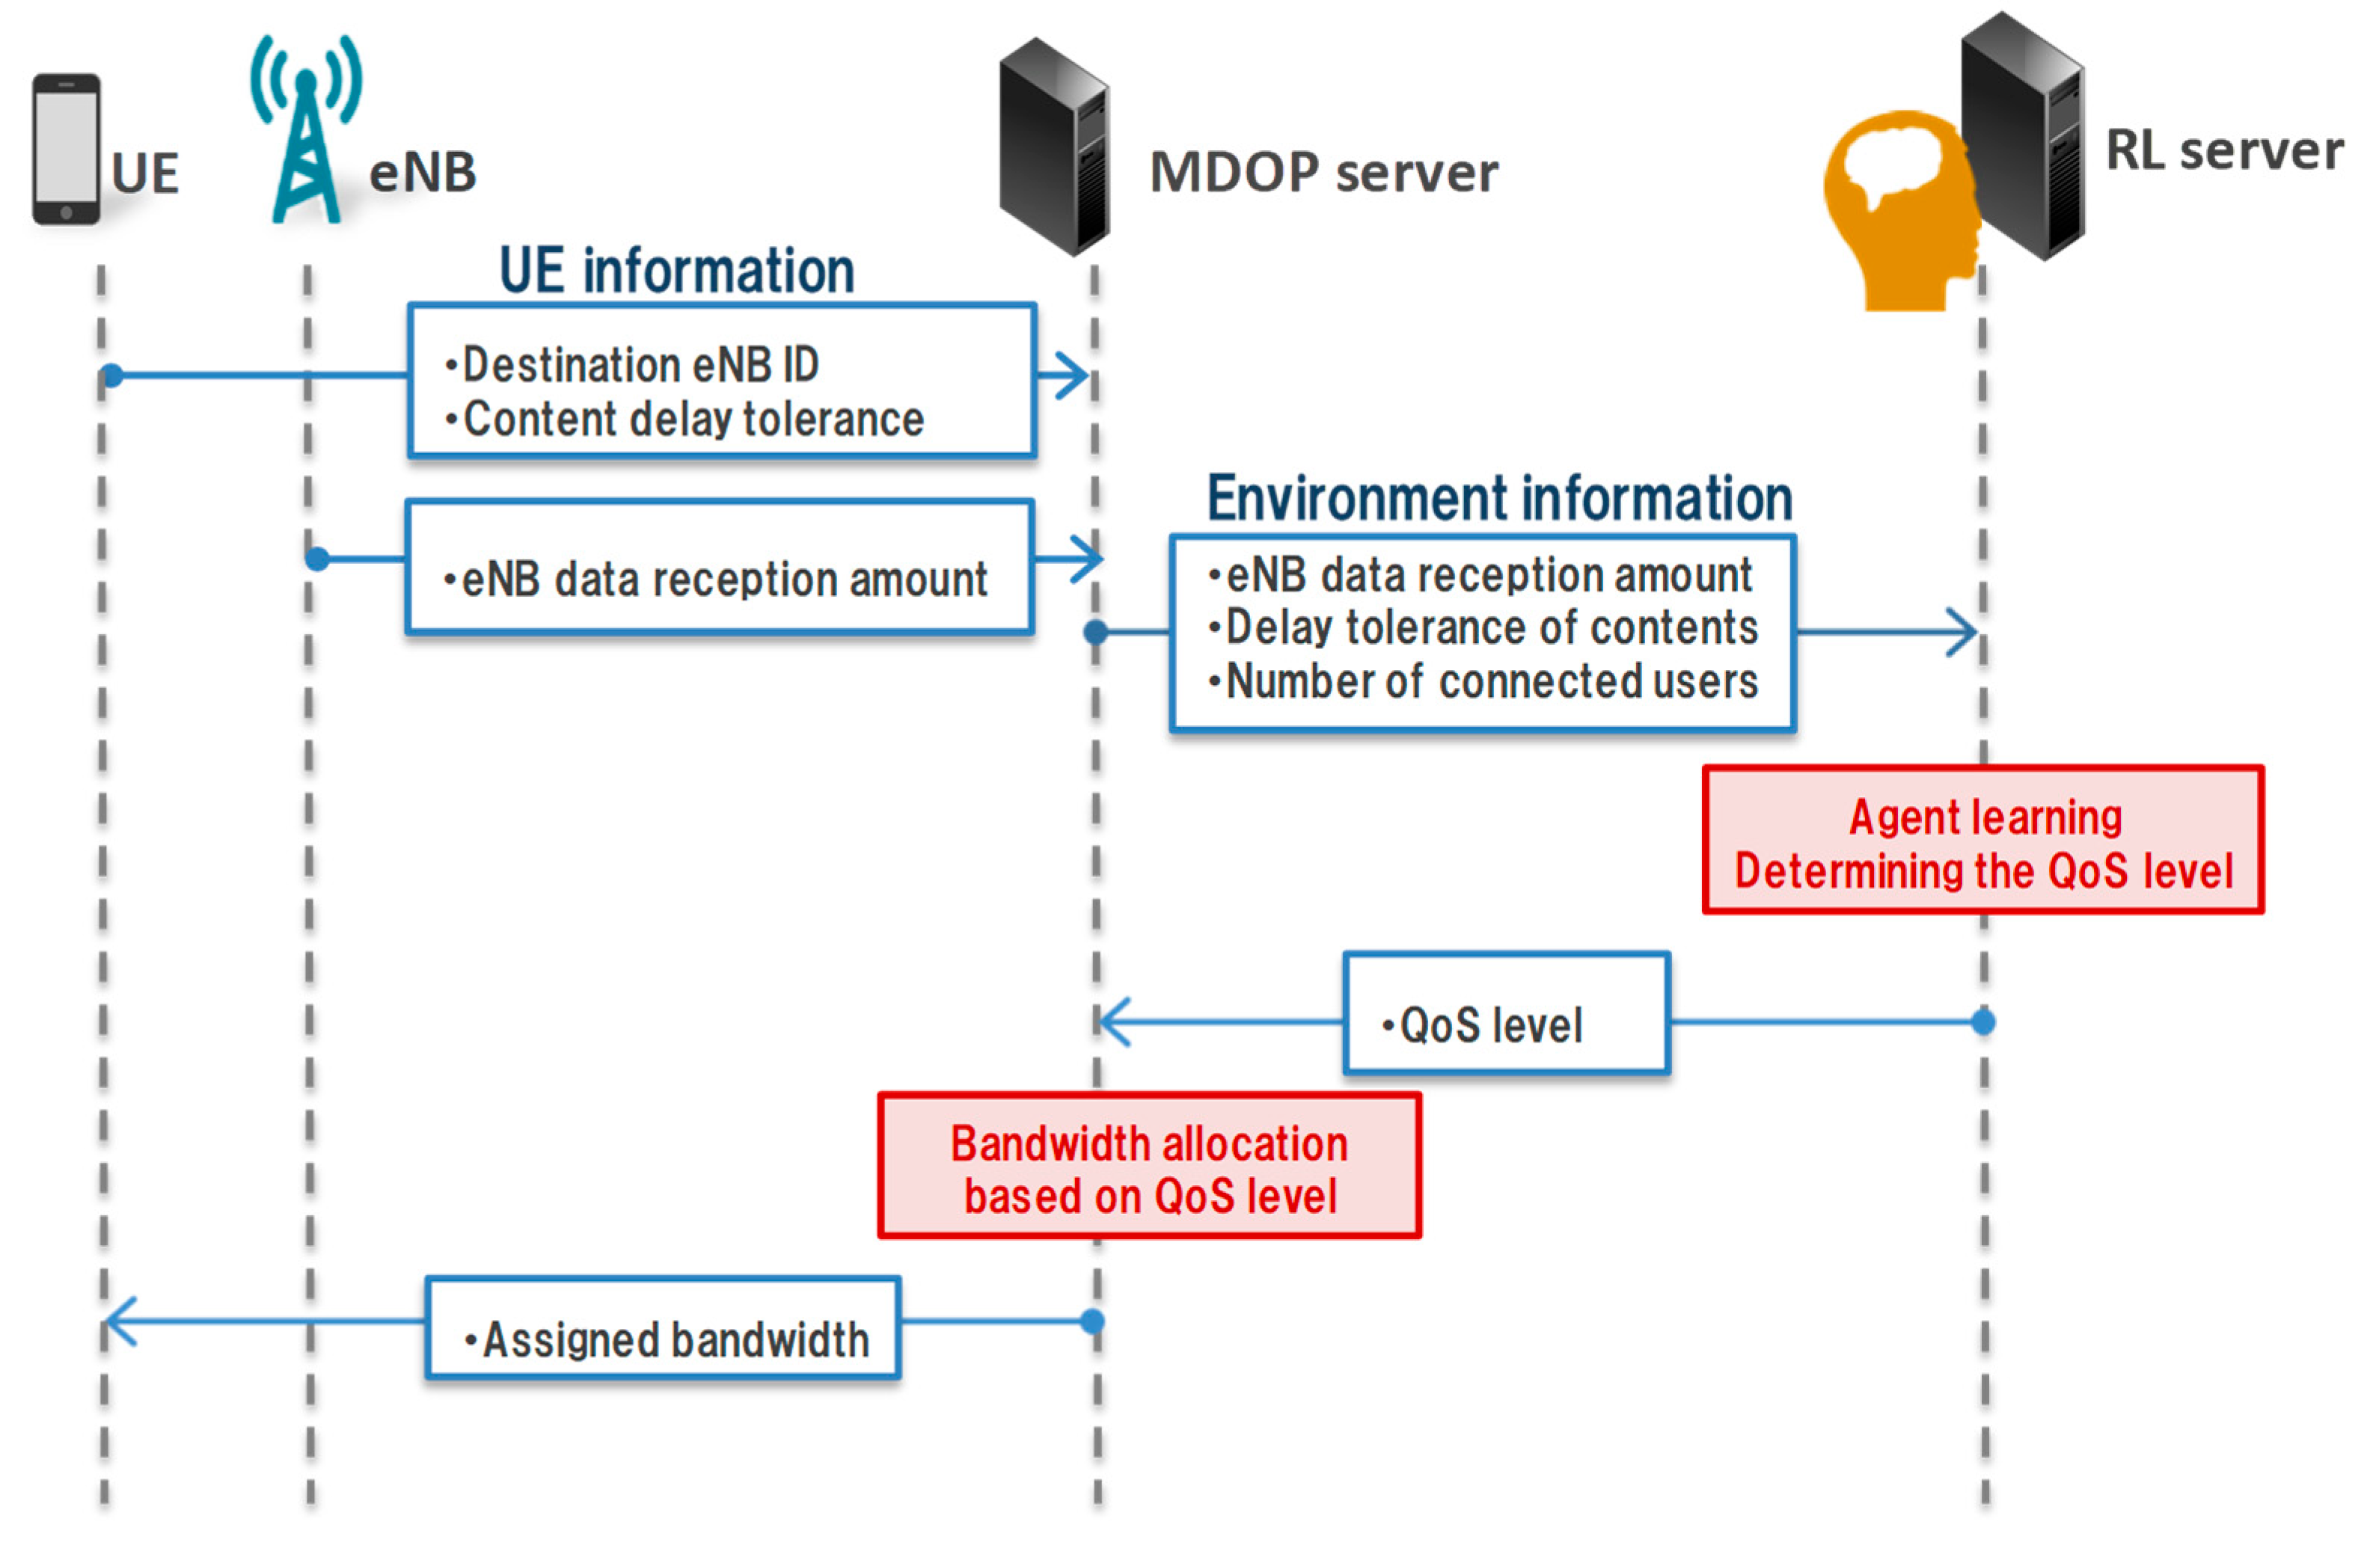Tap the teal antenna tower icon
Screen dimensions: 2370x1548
click(306, 129)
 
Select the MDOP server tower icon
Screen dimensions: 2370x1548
click(1055, 147)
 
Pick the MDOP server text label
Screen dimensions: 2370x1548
click(1323, 171)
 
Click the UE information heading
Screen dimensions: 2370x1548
click(677, 270)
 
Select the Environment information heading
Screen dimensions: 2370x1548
click(1500, 498)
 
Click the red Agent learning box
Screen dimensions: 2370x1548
click(1982, 839)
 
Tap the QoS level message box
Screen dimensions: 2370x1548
click(1507, 1013)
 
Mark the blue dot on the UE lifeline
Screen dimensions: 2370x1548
click(112, 375)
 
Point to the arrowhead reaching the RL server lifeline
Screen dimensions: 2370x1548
click(1962, 632)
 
